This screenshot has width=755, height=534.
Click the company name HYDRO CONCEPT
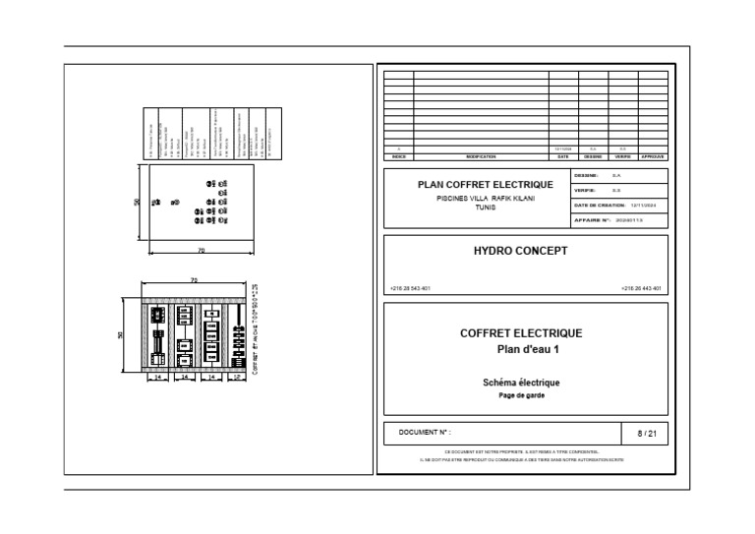[x=521, y=251]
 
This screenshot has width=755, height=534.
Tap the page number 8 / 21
[x=646, y=433]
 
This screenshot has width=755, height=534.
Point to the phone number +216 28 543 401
[x=410, y=289]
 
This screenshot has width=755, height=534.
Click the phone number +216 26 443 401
[x=641, y=289]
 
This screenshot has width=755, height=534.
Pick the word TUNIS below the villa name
[x=485, y=208]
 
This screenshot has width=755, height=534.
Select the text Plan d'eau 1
[x=521, y=349]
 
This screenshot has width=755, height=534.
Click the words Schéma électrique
[x=521, y=383]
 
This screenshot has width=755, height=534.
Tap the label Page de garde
[x=521, y=395]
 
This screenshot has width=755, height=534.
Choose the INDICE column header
[x=398, y=156]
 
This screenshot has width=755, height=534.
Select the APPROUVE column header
[x=653, y=156]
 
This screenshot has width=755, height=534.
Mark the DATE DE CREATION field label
[x=599, y=205]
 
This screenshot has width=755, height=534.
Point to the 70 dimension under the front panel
[x=202, y=251]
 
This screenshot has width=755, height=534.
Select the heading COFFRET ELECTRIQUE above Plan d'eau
[x=521, y=333]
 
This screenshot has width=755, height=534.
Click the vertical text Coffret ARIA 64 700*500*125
[x=255, y=332]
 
